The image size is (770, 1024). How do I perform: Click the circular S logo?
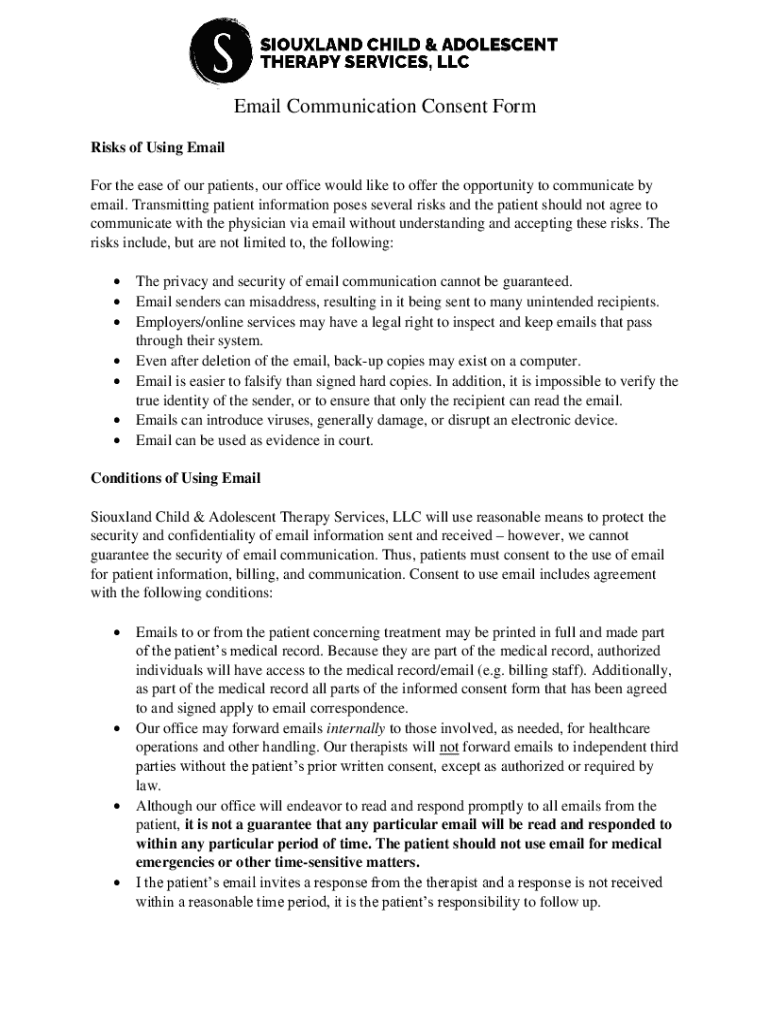222,53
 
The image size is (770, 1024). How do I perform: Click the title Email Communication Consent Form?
385,107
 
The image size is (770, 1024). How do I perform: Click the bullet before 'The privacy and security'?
118,282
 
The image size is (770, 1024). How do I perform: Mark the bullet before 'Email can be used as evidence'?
118,440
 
